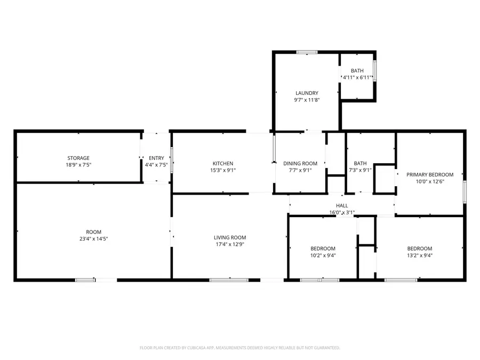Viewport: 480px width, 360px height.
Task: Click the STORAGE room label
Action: [x=78, y=158]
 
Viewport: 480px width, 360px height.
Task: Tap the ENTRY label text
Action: [x=156, y=158]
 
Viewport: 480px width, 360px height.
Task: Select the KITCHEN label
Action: [x=223, y=164]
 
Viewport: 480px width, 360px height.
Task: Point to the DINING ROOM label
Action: [x=300, y=164]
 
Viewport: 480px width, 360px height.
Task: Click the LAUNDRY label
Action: [x=307, y=93]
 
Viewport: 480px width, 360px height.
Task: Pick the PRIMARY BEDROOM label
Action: [x=430, y=174]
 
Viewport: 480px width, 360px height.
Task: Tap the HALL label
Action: [x=342, y=205]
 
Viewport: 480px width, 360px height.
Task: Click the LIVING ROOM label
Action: [x=230, y=238]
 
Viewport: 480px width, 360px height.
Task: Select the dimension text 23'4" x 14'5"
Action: [x=93, y=238]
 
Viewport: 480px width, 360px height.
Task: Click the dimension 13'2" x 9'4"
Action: [x=420, y=255]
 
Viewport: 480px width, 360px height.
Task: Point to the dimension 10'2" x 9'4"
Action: [x=323, y=255]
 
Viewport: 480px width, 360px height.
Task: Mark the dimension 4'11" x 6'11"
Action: [x=357, y=78]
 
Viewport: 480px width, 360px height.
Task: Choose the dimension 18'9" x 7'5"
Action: [x=78, y=165]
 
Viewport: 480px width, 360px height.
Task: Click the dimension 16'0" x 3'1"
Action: [x=342, y=212]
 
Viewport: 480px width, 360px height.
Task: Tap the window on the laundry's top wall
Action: [x=307, y=52]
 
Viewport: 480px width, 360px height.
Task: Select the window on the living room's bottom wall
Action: [x=228, y=279]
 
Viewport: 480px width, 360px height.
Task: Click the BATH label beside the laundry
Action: [x=357, y=71]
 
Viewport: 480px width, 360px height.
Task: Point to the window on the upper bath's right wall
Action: [x=375, y=71]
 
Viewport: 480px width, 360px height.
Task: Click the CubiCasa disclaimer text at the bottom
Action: [x=239, y=348]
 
